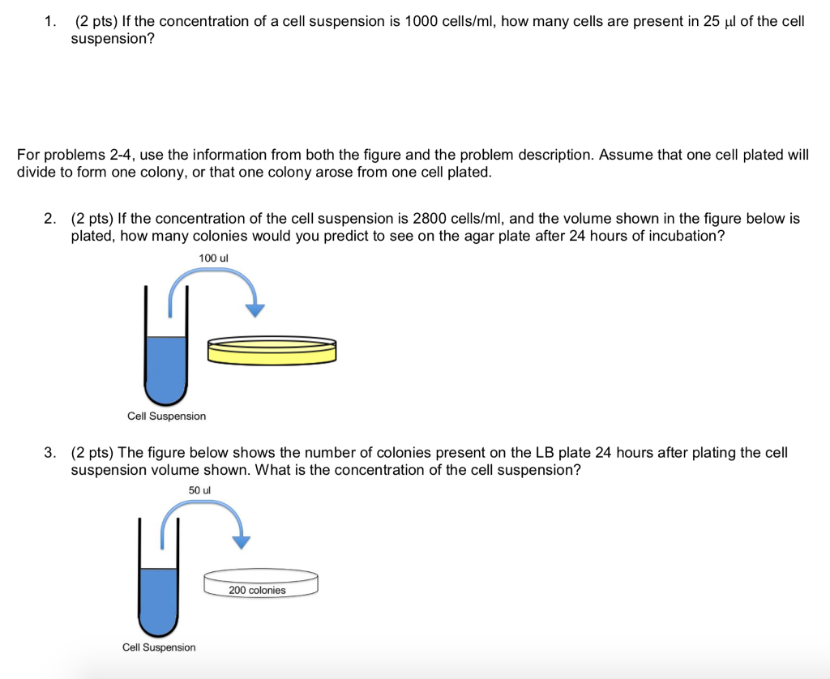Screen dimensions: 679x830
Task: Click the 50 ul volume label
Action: point(199,490)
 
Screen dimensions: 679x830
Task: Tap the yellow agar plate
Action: point(272,350)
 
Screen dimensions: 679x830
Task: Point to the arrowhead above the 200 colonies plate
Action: point(242,542)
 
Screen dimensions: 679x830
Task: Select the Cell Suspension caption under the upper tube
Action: point(167,416)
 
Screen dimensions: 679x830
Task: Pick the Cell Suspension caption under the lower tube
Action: point(159,647)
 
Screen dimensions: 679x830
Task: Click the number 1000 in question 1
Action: point(421,22)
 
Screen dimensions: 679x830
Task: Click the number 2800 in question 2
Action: point(430,219)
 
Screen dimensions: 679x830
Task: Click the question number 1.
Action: point(50,22)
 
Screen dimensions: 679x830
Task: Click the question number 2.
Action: point(50,219)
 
